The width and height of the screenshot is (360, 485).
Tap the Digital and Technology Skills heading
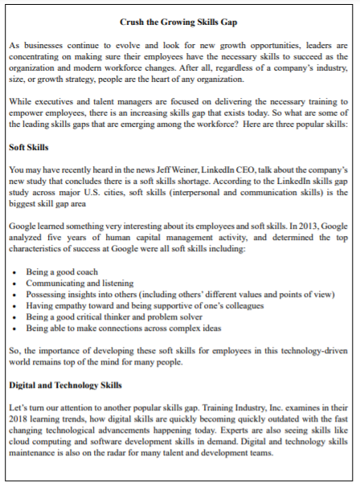pos(65,385)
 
